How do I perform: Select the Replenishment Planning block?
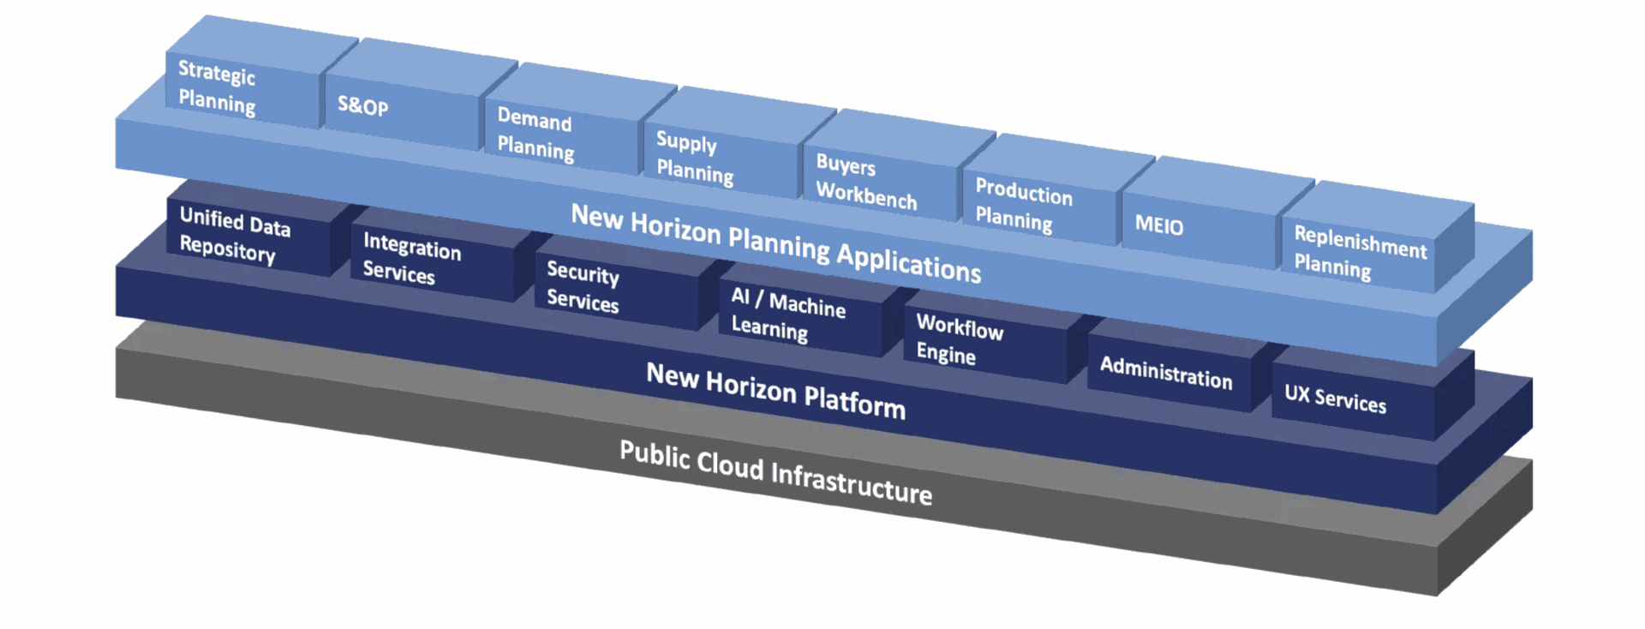[1358, 253]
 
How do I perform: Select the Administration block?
[1166, 373]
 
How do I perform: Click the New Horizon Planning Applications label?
[775, 243]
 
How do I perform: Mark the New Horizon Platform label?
[775, 391]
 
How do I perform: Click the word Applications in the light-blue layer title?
[908, 261]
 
